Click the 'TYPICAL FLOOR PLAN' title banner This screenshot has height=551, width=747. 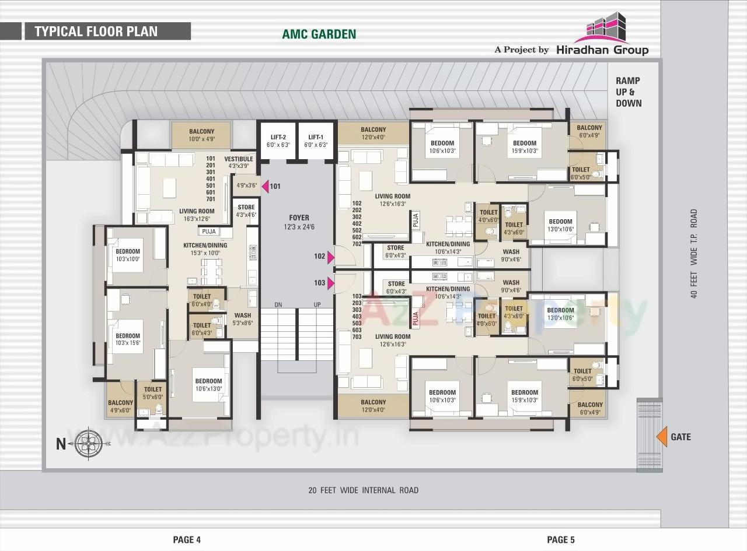tap(96, 31)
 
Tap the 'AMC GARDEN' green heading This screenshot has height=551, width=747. tap(319, 34)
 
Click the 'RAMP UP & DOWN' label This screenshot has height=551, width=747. tap(628, 92)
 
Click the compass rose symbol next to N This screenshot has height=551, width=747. tap(88, 443)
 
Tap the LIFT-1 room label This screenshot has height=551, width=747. tap(316, 141)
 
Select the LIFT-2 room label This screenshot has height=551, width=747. tap(278, 141)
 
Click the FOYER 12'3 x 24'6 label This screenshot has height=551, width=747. tap(299, 222)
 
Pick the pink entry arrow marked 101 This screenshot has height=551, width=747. tap(264, 187)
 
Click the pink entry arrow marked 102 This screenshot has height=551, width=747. tap(330, 257)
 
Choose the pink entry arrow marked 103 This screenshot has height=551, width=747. tap(330, 283)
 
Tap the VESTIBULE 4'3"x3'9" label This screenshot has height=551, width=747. tap(238, 162)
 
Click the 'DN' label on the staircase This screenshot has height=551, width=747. tap(278, 305)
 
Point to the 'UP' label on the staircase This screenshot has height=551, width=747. tap(317, 305)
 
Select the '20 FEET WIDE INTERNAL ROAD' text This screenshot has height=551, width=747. tap(363, 490)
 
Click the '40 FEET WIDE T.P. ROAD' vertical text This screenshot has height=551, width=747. tap(694, 254)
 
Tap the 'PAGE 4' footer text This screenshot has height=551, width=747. tap(187, 540)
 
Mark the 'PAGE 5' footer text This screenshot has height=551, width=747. tap(560, 540)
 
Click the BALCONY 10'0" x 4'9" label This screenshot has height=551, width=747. tap(201, 135)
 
